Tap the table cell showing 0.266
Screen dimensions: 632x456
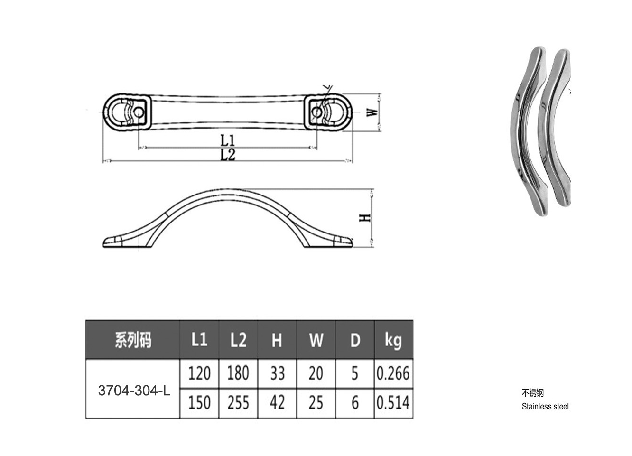[394, 373]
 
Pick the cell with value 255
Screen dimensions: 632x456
[238, 403]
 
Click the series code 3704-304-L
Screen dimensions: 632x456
[134, 391]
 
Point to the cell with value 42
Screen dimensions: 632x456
[277, 403]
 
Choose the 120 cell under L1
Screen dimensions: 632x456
[199, 373]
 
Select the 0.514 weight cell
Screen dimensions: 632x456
[394, 403]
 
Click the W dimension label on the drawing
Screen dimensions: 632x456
[372, 112]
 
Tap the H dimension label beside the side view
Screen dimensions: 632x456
[365, 218]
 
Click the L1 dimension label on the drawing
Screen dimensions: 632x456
[227, 140]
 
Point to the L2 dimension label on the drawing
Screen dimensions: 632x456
[228, 155]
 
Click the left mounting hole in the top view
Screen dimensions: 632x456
[139, 112]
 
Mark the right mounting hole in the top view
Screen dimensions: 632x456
[316, 112]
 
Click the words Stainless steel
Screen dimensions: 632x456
[545, 406]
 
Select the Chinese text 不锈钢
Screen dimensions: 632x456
[533, 392]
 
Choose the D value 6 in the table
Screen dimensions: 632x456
[355, 403]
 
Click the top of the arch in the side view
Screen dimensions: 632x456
[227, 189]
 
